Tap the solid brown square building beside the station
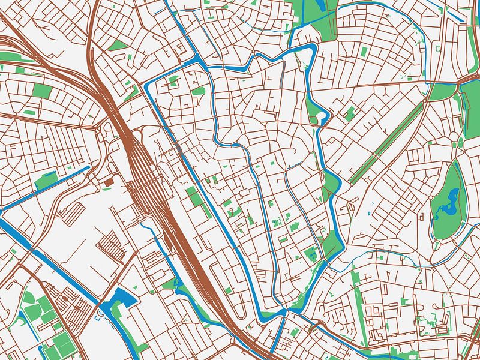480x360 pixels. click(109, 181)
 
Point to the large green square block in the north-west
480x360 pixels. click(42, 91)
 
